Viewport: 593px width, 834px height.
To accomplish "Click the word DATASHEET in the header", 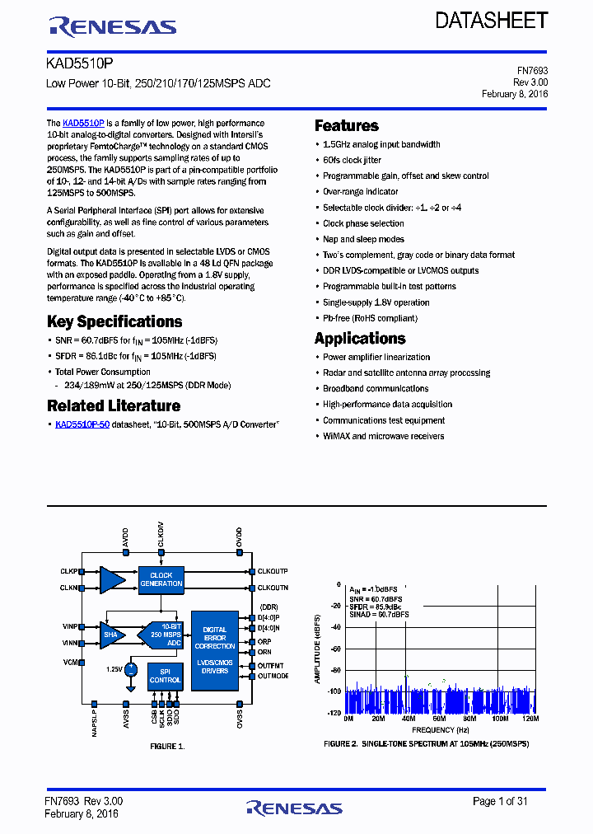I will (492, 21).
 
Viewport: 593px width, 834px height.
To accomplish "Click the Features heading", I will (347, 126).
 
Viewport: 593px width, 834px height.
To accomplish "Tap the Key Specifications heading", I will (114, 321).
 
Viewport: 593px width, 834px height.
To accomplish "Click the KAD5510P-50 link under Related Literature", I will (82, 424).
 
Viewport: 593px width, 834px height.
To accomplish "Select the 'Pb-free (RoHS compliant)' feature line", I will (370, 318).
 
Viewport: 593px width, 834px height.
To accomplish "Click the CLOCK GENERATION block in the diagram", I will (161, 579).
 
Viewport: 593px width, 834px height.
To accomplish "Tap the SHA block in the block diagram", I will (110, 635).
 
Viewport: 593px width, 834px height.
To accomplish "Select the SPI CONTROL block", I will (165, 677).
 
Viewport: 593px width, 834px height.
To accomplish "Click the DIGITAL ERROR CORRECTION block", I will (214, 638).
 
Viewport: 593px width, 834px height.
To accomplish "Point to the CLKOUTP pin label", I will (273, 571).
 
